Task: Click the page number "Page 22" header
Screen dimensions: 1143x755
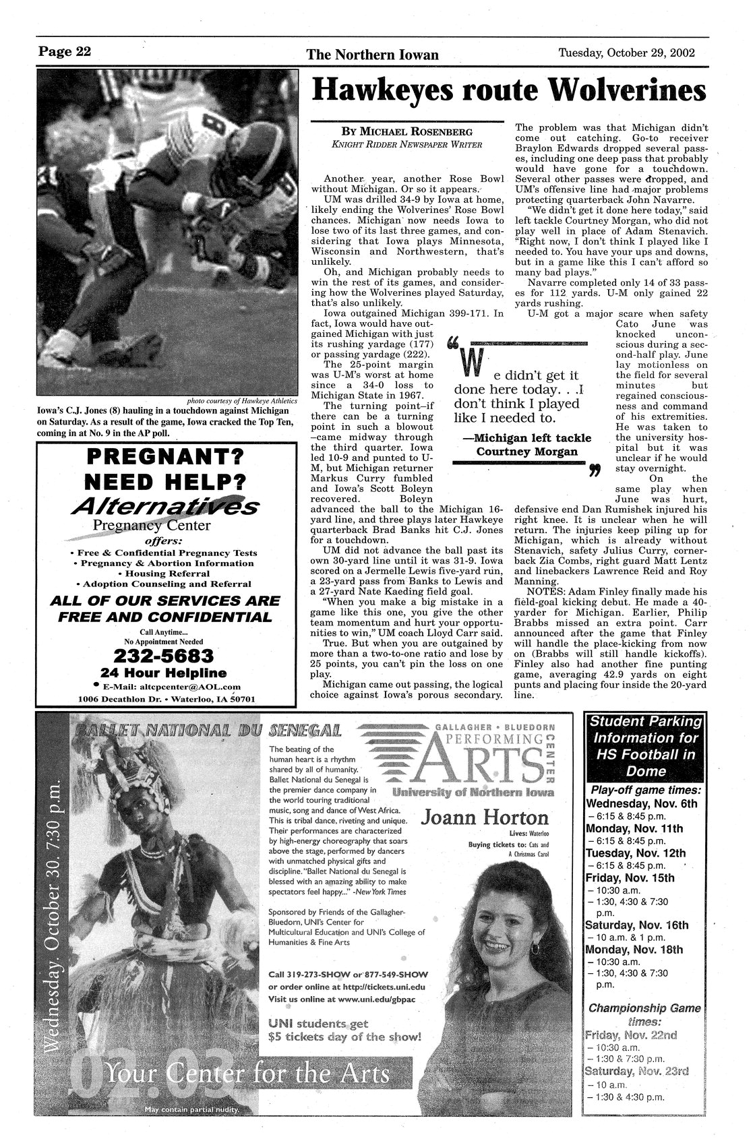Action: pyautogui.click(x=64, y=52)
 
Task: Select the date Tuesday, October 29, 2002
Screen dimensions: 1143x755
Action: pyautogui.click(x=627, y=53)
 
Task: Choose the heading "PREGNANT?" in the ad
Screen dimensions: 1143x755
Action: pyautogui.click(x=165, y=458)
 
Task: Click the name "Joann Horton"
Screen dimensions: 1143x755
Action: pyautogui.click(x=485, y=818)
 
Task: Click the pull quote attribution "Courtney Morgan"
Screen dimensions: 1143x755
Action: pyautogui.click(x=527, y=451)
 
